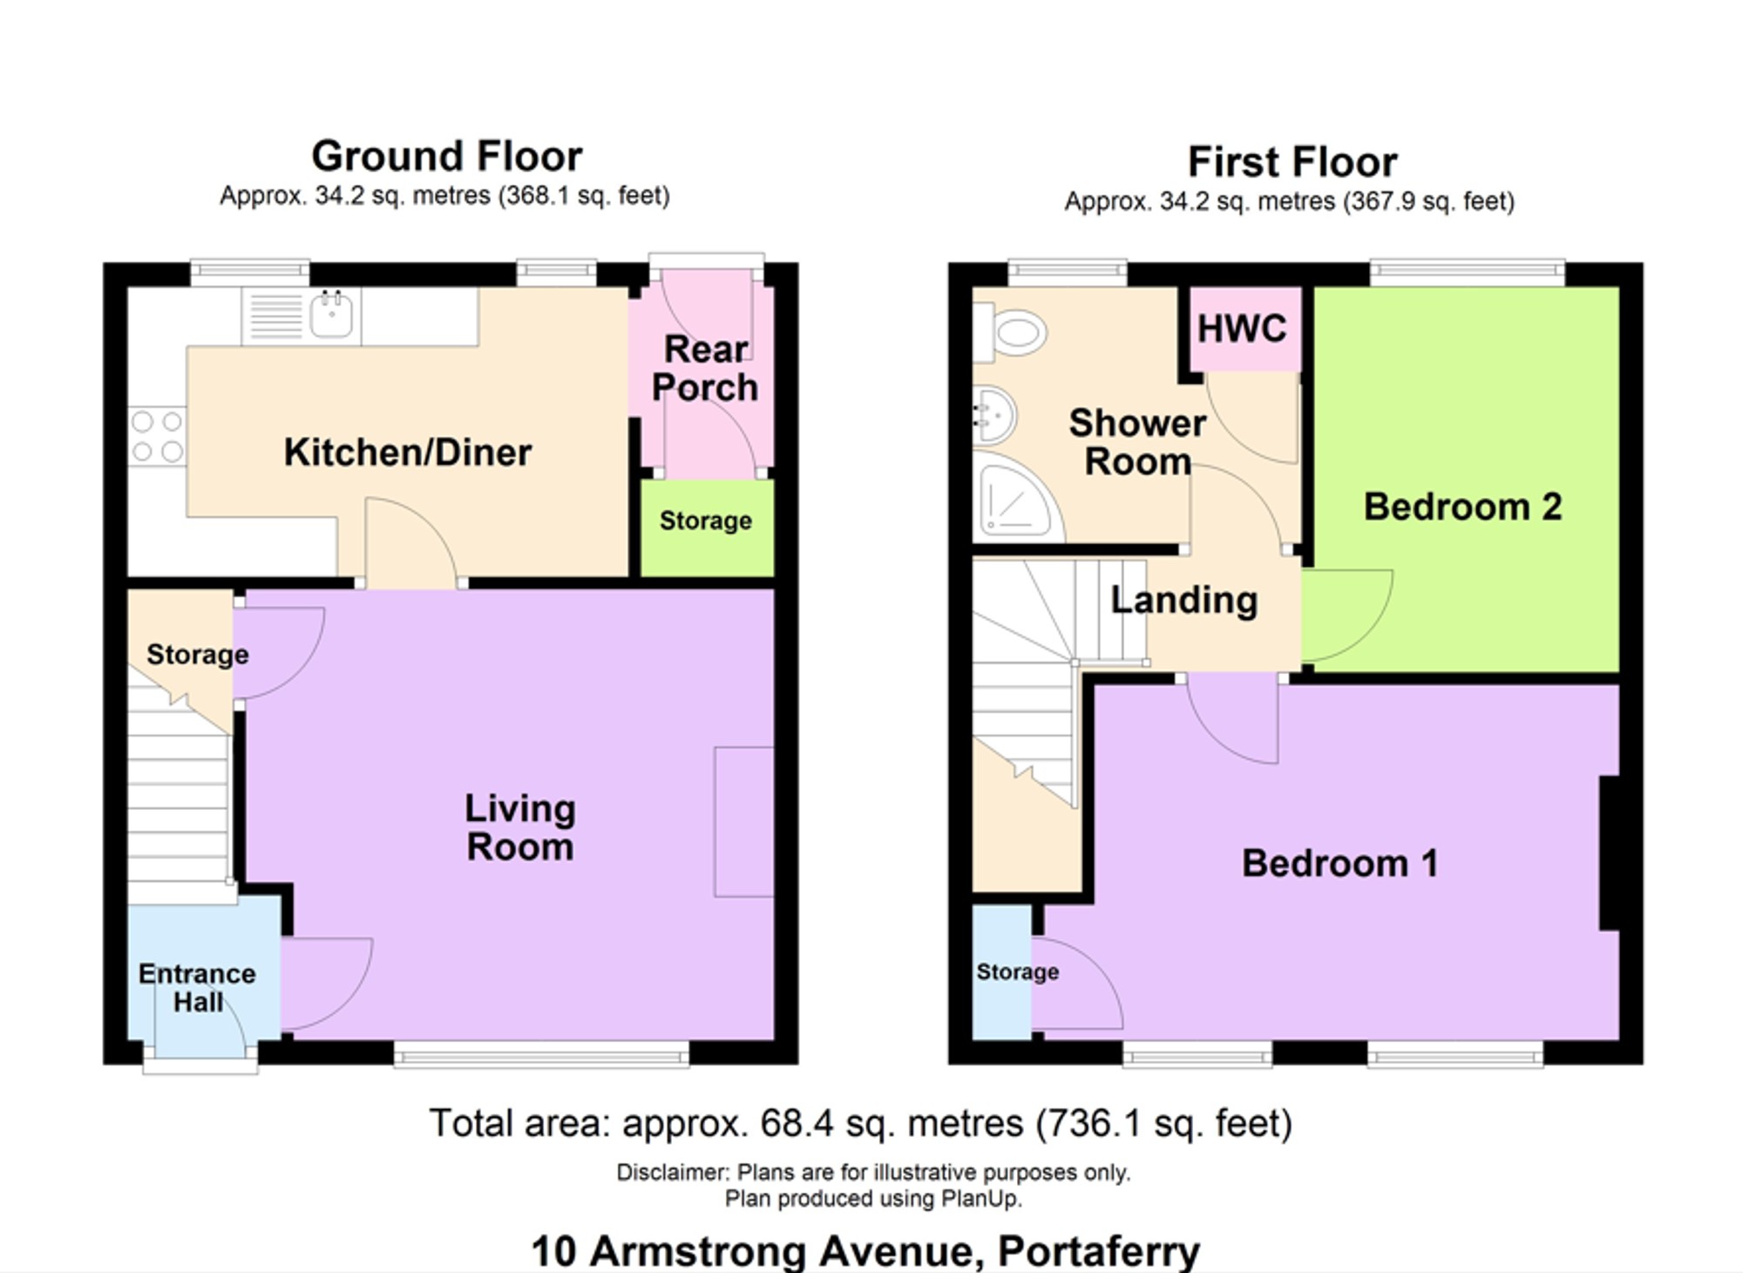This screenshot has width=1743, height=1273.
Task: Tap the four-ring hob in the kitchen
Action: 158,436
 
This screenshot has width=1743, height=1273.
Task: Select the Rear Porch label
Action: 706,368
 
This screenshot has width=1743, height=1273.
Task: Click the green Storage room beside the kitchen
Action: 707,528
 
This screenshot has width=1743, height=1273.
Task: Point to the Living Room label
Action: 520,827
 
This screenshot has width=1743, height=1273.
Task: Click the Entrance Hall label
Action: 198,988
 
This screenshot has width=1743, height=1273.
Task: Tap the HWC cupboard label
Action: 1242,329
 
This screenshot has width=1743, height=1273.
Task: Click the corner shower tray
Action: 1018,496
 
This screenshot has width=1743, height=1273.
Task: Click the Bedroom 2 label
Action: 1463,507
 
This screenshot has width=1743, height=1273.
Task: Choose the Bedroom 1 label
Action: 1340,863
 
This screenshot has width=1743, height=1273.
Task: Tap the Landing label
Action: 1184,600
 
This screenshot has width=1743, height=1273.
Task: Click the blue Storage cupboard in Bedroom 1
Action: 1002,972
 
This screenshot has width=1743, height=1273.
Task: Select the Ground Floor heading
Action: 447,156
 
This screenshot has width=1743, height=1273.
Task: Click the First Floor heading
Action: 1292,162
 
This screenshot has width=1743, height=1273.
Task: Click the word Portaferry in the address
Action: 1099,1251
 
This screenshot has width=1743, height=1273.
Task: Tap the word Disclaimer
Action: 673,1172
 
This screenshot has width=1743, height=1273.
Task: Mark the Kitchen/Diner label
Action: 408,453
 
